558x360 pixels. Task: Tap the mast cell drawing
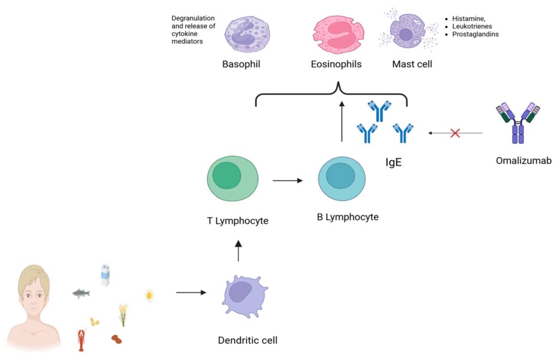(406, 34)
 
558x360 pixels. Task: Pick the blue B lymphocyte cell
(341, 179)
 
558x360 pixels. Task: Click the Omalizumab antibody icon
(518, 123)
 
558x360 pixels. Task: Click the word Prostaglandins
(475, 34)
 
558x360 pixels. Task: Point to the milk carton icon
(105, 275)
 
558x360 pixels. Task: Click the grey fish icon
(81, 294)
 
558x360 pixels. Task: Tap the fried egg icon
(149, 296)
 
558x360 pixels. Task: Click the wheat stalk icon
(123, 314)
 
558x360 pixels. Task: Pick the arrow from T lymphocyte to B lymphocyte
(287, 180)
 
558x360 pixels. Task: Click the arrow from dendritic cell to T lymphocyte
(238, 252)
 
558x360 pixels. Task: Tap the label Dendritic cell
(247, 341)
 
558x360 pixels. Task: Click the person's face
(34, 297)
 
